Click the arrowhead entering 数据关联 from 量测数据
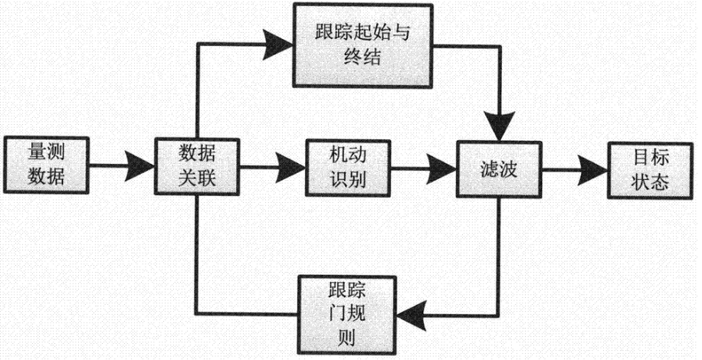139,162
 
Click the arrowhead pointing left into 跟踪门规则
414,313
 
